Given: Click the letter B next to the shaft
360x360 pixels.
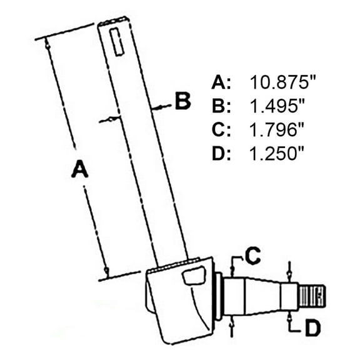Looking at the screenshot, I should click(182, 101).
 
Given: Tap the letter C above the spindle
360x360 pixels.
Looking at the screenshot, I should click(252, 255).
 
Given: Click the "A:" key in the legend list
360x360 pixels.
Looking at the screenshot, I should click(222, 82).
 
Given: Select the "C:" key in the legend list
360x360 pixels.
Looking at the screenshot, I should click(222, 130).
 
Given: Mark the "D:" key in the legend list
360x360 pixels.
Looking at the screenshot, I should click(222, 154).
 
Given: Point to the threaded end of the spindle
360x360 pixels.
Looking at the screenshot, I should click(312, 296).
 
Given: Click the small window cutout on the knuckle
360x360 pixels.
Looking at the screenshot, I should click(194, 276).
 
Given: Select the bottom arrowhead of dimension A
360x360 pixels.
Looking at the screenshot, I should click(107, 271).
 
